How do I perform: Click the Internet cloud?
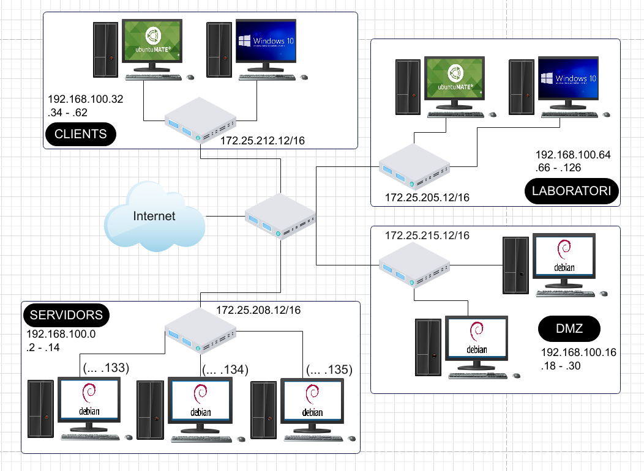point(154,217)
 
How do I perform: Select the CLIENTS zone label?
point(80,134)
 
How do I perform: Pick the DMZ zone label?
point(569,330)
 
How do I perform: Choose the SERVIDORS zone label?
point(66,316)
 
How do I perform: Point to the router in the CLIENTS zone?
point(200,120)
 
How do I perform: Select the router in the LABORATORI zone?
point(414,166)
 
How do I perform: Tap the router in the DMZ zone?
point(414,265)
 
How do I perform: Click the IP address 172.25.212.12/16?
point(263,142)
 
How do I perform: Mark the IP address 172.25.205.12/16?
point(427,198)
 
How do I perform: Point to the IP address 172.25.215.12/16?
point(427,236)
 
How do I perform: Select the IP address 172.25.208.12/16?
point(258,310)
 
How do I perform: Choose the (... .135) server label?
point(329,369)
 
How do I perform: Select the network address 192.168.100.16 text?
point(578,352)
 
